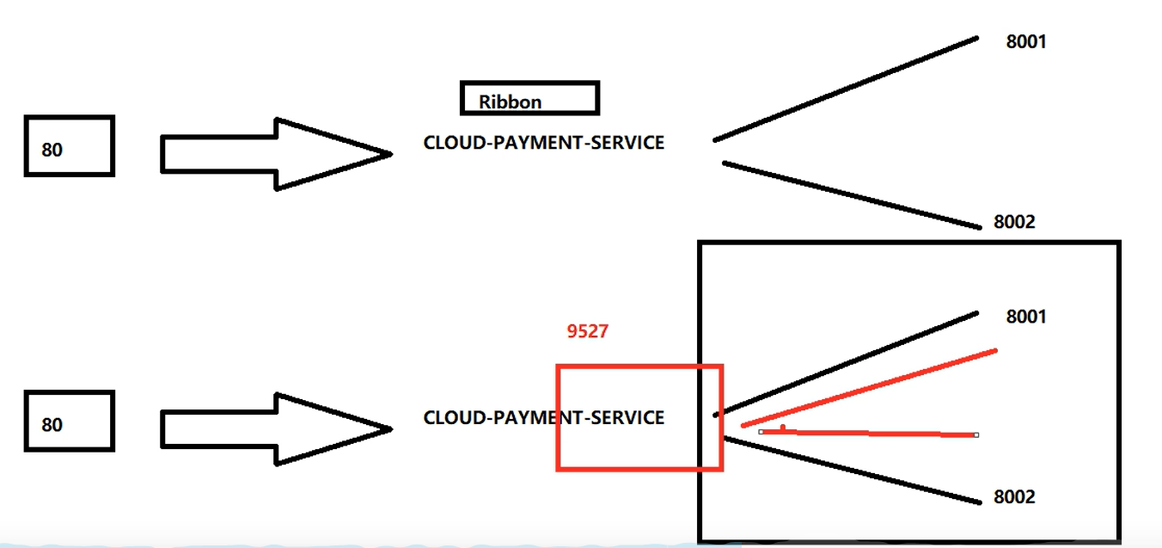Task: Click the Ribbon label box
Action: pyautogui.click(x=529, y=98)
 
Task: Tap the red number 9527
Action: pyautogui.click(x=588, y=331)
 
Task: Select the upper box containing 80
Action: pyautogui.click(x=69, y=146)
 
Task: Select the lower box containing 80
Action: pyautogui.click(x=69, y=421)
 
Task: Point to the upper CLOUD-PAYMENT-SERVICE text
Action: pyautogui.click(x=543, y=143)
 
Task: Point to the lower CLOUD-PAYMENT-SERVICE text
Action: pyautogui.click(x=543, y=418)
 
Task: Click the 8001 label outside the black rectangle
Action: pyautogui.click(x=1026, y=41)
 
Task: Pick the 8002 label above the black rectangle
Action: pyautogui.click(x=1014, y=222)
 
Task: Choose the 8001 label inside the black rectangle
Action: pyautogui.click(x=1026, y=317)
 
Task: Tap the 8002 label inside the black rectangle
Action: pyautogui.click(x=1014, y=497)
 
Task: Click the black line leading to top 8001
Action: pyautogui.click(x=847, y=88)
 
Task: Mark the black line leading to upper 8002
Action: pyautogui.click(x=851, y=194)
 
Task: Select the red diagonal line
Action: pyautogui.click(x=868, y=388)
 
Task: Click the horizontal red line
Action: pyautogui.click(x=868, y=434)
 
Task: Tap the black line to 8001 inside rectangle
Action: pyautogui.click(x=847, y=363)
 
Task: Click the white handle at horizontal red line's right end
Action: pyautogui.click(x=976, y=435)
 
